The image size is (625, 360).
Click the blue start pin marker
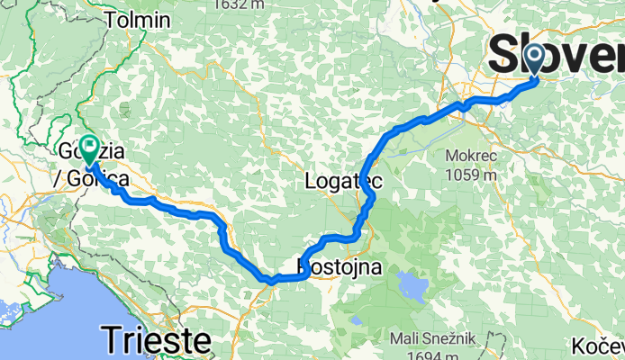click(534, 59)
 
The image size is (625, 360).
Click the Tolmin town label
click(137, 20)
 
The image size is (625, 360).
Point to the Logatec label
click(344, 181)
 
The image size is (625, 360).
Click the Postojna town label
click(340, 267)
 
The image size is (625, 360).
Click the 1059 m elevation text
click(470, 175)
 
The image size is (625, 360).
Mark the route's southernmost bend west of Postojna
click(269, 282)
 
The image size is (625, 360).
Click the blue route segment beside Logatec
click(367, 193)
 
